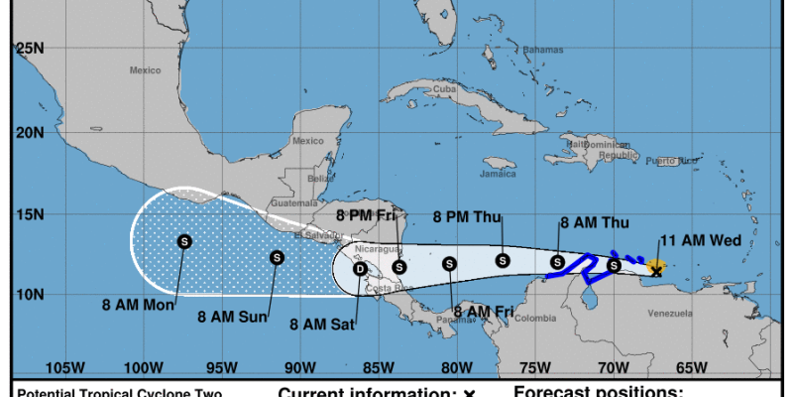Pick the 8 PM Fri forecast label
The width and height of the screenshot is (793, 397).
click(x=367, y=213)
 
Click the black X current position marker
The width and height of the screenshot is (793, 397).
click(x=655, y=269)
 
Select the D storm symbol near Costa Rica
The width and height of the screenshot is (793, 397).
click(x=361, y=269)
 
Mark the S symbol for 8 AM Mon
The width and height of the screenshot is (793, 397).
click(x=184, y=241)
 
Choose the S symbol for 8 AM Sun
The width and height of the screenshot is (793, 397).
click(x=277, y=258)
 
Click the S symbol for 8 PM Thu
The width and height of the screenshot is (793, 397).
click(x=503, y=260)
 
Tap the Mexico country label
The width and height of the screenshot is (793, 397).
click(x=145, y=70)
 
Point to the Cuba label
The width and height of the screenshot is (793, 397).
click(x=443, y=88)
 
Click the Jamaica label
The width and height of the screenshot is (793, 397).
click(x=498, y=174)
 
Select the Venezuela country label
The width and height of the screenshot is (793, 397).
click(x=669, y=314)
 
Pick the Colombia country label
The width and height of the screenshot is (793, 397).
click(x=536, y=318)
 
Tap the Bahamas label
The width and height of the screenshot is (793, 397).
click(x=542, y=50)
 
